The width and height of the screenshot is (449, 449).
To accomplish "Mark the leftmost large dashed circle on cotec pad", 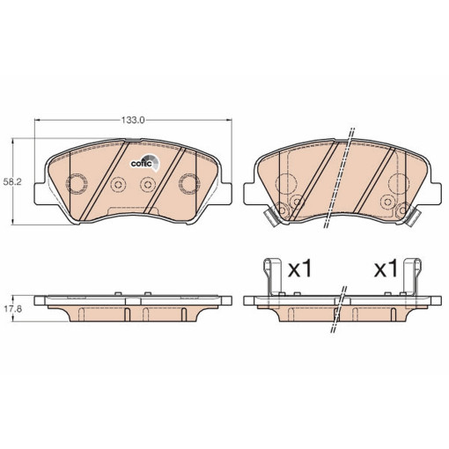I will click(77, 184).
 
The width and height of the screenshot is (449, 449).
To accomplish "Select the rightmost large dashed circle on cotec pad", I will click(188, 183).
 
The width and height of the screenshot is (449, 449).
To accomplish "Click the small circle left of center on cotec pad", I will click(117, 184).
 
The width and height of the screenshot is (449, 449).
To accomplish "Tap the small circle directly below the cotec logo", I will click(147, 184).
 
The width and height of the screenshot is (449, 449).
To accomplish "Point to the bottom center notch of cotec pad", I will click(132, 212).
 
